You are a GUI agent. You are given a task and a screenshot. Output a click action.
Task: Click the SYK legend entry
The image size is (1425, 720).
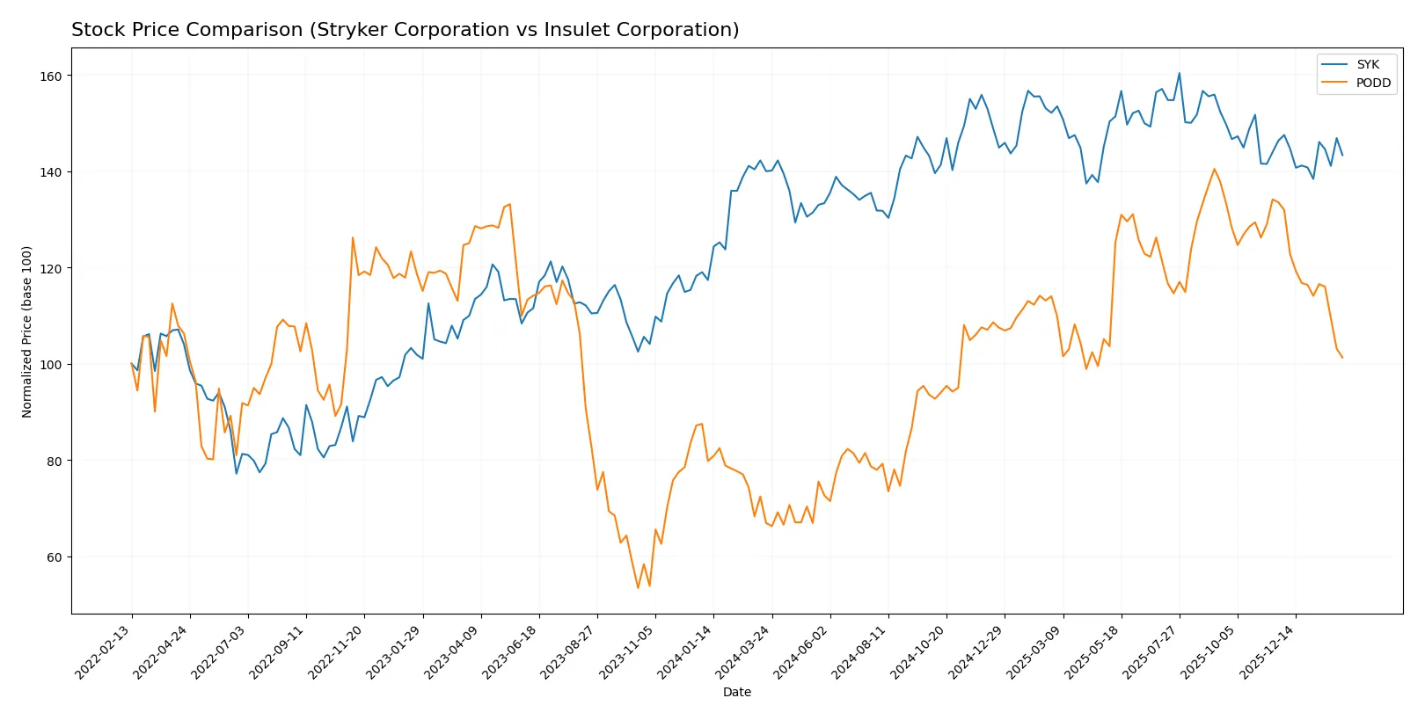tap(1367, 64)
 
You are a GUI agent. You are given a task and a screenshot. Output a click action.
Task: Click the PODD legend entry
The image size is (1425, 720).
tap(1372, 83)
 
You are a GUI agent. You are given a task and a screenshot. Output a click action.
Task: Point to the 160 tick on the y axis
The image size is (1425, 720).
tap(51, 76)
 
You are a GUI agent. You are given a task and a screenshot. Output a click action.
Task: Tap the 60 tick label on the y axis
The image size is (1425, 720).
tap(55, 557)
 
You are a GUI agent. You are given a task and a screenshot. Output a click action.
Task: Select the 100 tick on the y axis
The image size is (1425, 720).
tap(51, 365)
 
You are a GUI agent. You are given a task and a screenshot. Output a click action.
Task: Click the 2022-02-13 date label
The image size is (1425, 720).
tap(104, 651)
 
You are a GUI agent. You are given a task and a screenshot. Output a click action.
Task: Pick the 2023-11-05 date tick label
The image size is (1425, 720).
tap(627, 651)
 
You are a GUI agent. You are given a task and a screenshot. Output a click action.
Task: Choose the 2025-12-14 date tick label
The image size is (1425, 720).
tap(1268, 651)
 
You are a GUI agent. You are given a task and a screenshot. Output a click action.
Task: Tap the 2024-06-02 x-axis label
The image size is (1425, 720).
tap(801, 651)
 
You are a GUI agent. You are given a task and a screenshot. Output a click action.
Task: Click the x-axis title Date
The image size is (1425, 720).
tap(736, 692)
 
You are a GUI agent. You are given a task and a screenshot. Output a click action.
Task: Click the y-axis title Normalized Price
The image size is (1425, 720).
tap(26, 331)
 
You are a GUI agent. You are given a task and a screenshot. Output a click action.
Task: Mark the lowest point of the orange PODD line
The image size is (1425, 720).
tap(638, 587)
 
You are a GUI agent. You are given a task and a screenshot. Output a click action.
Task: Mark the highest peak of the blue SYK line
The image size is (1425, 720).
tap(1179, 74)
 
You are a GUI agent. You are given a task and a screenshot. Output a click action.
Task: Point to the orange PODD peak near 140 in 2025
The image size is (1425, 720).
tap(1214, 169)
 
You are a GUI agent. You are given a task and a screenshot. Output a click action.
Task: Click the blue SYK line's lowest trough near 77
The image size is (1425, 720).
tap(237, 474)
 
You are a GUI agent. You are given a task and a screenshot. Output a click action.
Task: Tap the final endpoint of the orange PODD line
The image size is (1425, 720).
tap(1342, 358)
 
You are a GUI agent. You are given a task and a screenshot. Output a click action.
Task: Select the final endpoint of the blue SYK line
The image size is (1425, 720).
tap(1342, 155)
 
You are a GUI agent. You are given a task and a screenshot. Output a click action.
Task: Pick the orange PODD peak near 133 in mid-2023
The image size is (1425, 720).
tap(509, 205)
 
